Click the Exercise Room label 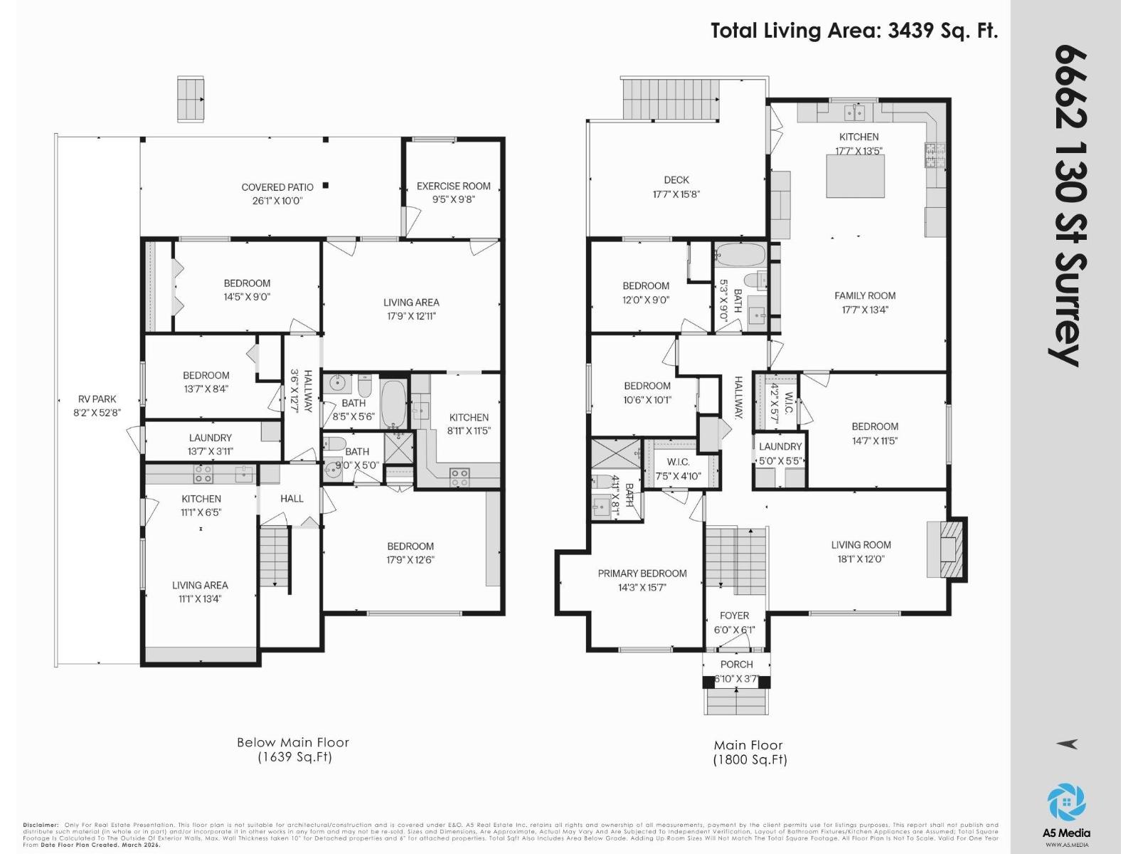click(453, 186)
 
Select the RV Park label click(97, 399)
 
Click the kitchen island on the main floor click(855, 176)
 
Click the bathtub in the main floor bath click(739, 254)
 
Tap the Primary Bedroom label click(642, 574)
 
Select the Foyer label click(734, 616)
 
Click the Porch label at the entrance click(736, 664)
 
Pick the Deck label click(676, 180)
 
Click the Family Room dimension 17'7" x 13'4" click(864, 310)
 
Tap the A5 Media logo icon click(1066, 802)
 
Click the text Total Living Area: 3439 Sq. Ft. click(854, 31)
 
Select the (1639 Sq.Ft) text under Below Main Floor click(294, 757)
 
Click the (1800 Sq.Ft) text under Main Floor click(750, 759)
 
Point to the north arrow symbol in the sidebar click(1067, 744)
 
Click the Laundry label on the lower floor click(210, 438)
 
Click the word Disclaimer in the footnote click(41, 825)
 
